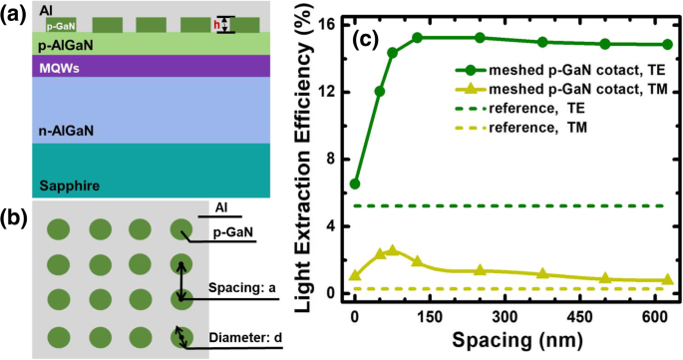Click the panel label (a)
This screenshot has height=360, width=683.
click(x=14, y=12)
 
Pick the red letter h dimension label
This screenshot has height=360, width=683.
click(x=217, y=25)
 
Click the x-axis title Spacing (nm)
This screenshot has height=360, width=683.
click(x=500, y=341)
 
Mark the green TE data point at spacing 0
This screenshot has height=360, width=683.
click(x=355, y=183)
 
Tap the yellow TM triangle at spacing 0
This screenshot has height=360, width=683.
click(x=355, y=275)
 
